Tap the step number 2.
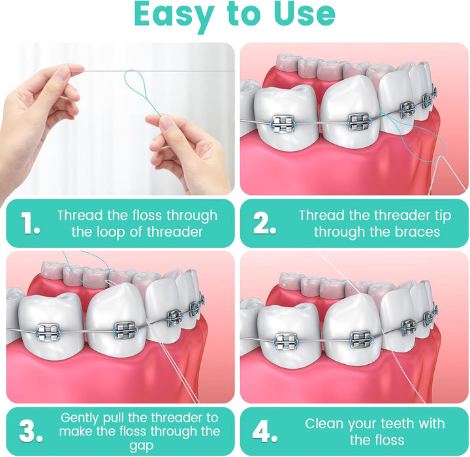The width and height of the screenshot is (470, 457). coord(264,224)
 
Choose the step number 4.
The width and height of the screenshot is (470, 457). coord(264,431)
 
